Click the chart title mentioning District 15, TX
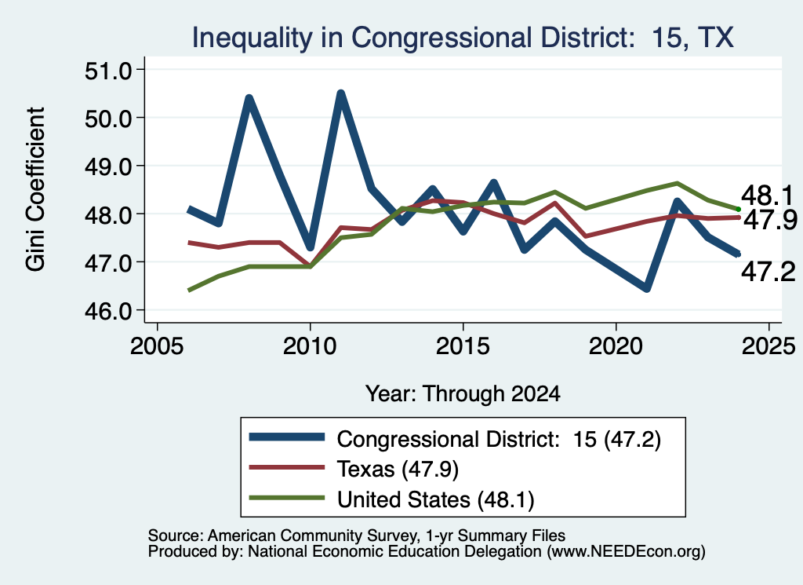[x=463, y=38]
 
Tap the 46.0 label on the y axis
[x=108, y=311]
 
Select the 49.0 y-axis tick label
[x=108, y=166]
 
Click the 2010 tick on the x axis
[x=310, y=346]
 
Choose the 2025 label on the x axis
[x=768, y=346]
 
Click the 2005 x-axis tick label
[x=157, y=346]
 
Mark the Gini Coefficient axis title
[x=35, y=189]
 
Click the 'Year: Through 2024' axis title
[x=463, y=393]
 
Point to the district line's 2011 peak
[x=340, y=93]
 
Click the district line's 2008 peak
[x=249, y=98]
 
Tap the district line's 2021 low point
[x=647, y=289]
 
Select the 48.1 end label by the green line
[x=767, y=196]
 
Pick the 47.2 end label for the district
[x=768, y=271]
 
